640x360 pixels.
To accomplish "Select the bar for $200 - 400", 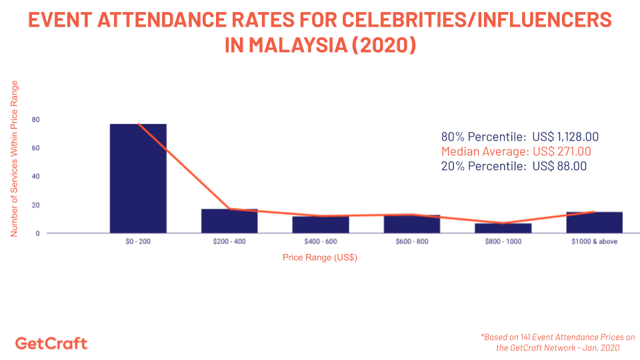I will point(229,221).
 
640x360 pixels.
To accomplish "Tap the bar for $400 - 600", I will point(321,225).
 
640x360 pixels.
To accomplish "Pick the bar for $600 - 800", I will point(412,224).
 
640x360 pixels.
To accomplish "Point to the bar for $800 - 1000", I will point(503,228).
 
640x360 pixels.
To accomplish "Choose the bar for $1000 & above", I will point(595,222).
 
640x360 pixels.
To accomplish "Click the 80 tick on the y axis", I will point(35,120).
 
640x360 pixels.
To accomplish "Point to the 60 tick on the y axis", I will point(35,148).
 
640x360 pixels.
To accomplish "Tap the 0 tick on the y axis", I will point(37,233).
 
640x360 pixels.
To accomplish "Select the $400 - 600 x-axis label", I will point(321,241).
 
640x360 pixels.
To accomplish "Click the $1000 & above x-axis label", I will point(595,241).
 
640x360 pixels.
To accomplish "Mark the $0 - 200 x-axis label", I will point(138,241).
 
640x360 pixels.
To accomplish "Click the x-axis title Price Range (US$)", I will point(320,257).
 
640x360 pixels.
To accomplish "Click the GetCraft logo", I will point(51,343).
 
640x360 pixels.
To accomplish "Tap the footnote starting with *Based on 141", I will point(557,342).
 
